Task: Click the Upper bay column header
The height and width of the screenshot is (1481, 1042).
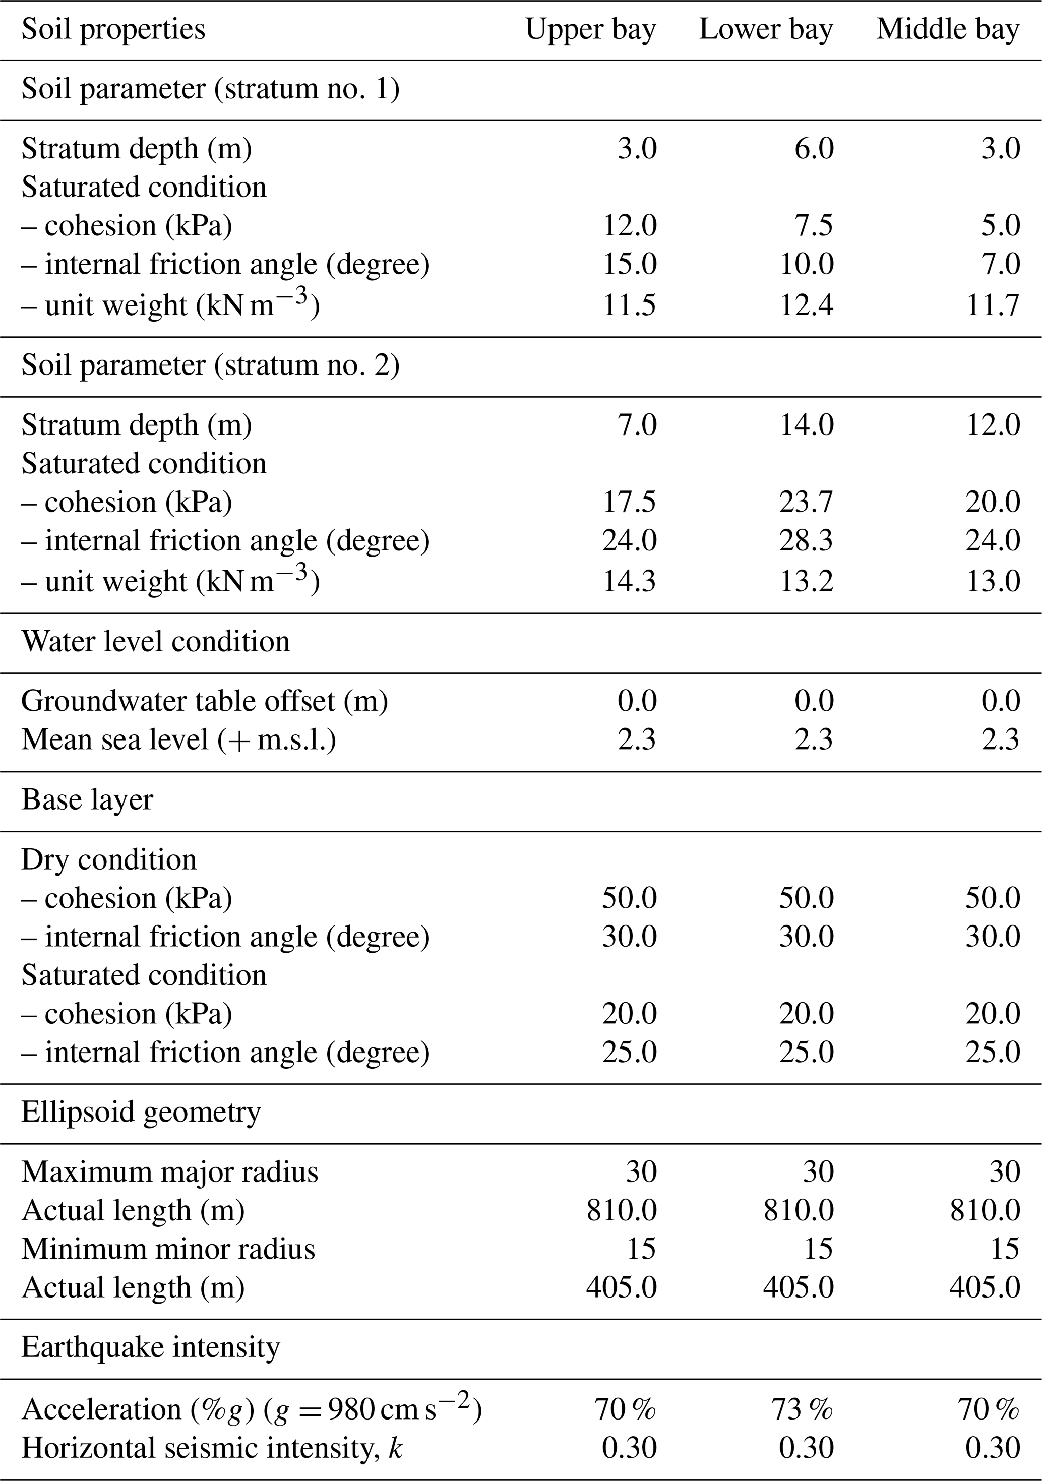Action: tap(590, 30)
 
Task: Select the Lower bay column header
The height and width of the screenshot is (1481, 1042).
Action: tap(766, 30)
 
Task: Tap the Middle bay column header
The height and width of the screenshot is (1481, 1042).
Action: tap(947, 30)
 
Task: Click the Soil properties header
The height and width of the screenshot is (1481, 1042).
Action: tap(113, 30)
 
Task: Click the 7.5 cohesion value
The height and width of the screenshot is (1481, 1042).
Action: tap(814, 225)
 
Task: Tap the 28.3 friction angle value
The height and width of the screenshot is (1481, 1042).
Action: tap(807, 540)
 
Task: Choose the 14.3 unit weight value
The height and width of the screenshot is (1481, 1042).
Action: tap(629, 581)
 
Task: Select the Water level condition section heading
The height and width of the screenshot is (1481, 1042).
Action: tap(155, 641)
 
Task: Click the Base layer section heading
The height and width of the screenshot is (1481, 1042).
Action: tap(87, 800)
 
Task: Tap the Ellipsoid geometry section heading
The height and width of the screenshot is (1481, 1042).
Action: tap(141, 1112)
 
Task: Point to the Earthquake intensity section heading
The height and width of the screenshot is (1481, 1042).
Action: tap(150, 1347)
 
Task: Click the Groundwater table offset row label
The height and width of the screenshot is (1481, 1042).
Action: tap(205, 701)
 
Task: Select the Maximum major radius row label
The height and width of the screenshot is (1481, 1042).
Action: tap(170, 1171)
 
